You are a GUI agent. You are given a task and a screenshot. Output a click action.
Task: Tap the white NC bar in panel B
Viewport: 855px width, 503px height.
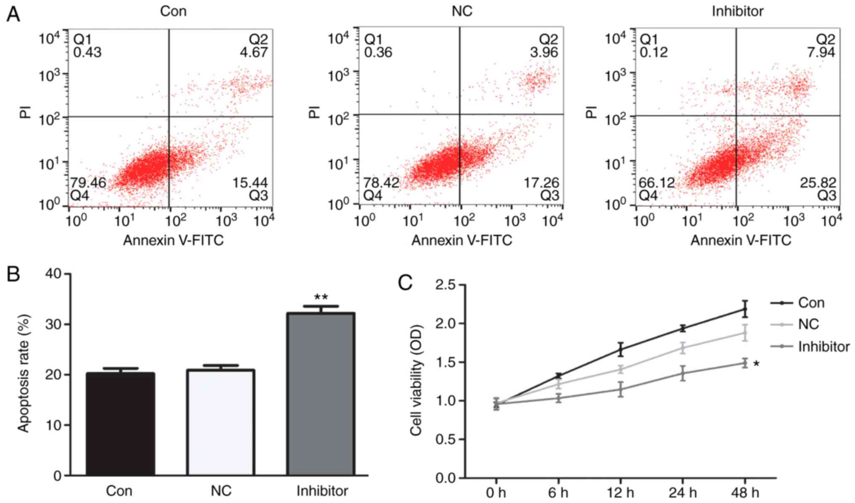(220, 422)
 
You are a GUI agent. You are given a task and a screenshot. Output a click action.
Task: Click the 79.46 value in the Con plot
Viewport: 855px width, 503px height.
(88, 183)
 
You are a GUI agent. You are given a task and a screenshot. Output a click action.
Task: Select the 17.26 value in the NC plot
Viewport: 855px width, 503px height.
(541, 183)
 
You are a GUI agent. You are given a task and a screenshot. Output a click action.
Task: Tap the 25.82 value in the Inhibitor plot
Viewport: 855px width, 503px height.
(817, 183)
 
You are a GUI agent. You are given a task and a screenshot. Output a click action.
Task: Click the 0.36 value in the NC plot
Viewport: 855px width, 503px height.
(378, 53)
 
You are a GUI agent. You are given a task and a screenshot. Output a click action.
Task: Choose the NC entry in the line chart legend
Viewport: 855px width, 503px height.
(808, 324)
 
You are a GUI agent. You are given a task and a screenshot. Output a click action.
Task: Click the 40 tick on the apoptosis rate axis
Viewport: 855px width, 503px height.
(53, 274)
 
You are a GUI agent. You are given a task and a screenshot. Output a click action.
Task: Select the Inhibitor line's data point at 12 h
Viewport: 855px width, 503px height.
(621, 389)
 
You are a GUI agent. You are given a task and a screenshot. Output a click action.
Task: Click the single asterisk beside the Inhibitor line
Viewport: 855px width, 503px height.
(756, 364)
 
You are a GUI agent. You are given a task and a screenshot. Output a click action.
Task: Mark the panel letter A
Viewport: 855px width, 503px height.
(13, 15)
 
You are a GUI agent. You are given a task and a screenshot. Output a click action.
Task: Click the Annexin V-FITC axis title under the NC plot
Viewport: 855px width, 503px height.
(462, 240)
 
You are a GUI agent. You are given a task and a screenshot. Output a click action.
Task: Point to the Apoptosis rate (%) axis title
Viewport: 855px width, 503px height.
(24, 374)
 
